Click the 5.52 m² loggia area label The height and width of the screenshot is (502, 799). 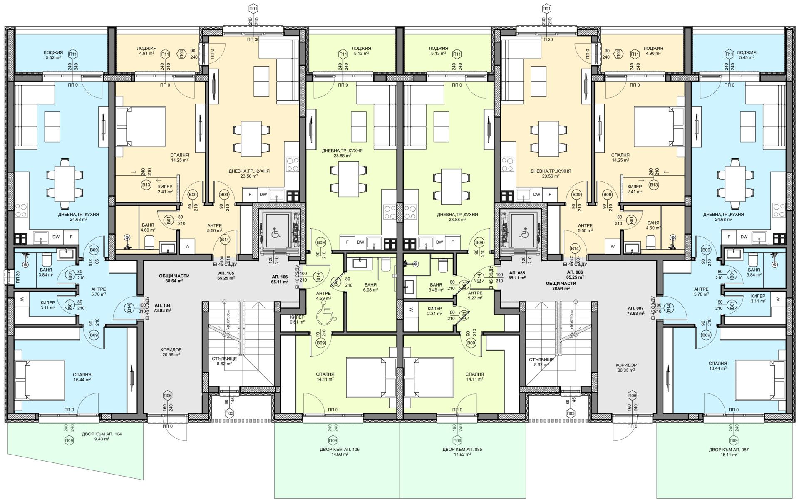[53, 55]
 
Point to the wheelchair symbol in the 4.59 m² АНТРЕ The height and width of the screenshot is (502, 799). [325, 317]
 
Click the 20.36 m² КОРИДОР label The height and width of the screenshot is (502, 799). [171, 352]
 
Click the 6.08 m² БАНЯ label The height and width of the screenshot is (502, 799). [370, 287]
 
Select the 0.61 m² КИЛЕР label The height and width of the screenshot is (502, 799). [298, 319]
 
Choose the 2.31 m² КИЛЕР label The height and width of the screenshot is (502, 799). [435, 311]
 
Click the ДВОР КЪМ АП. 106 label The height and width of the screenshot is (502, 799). [337, 452]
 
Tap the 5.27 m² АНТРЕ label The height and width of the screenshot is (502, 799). [475, 295]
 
